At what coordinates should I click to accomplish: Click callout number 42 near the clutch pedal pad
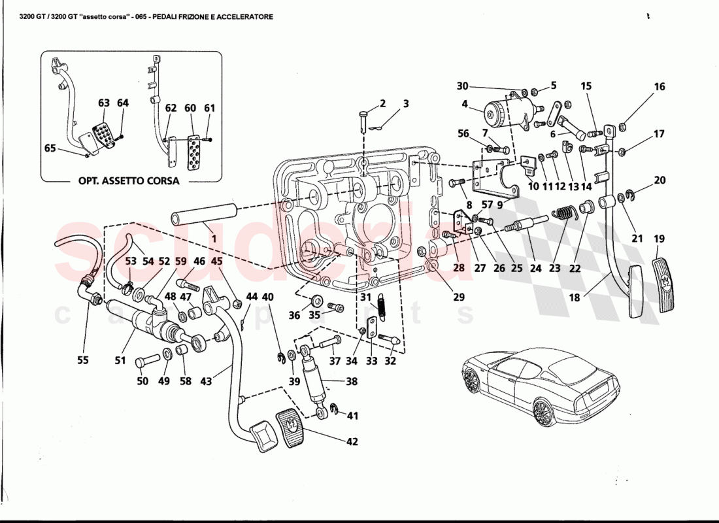(352, 442)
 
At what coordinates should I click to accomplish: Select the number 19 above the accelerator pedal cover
(659, 239)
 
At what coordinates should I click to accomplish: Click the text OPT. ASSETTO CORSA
(124, 181)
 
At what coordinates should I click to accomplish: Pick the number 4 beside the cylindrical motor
(465, 103)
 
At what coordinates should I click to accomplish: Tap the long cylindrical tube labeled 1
(203, 216)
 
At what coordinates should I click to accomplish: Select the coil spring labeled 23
(565, 214)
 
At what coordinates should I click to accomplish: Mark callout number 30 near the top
(462, 86)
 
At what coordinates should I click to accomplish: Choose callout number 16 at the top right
(659, 86)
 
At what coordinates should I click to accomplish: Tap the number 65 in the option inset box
(50, 148)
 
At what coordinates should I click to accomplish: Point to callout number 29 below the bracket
(459, 297)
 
